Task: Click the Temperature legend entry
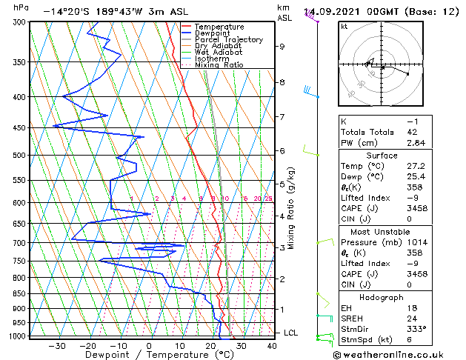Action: tap(219, 27)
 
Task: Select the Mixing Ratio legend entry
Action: tap(219, 65)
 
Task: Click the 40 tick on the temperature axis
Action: tap(272, 345)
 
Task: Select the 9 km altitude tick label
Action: tap(282, 47)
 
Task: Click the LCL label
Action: tap(290, 333)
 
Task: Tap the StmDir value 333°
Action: tap(418, 328)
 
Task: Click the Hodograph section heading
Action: tap(382, 296)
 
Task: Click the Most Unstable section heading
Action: tap(382, 231)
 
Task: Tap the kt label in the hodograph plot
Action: tap(344, 26)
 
